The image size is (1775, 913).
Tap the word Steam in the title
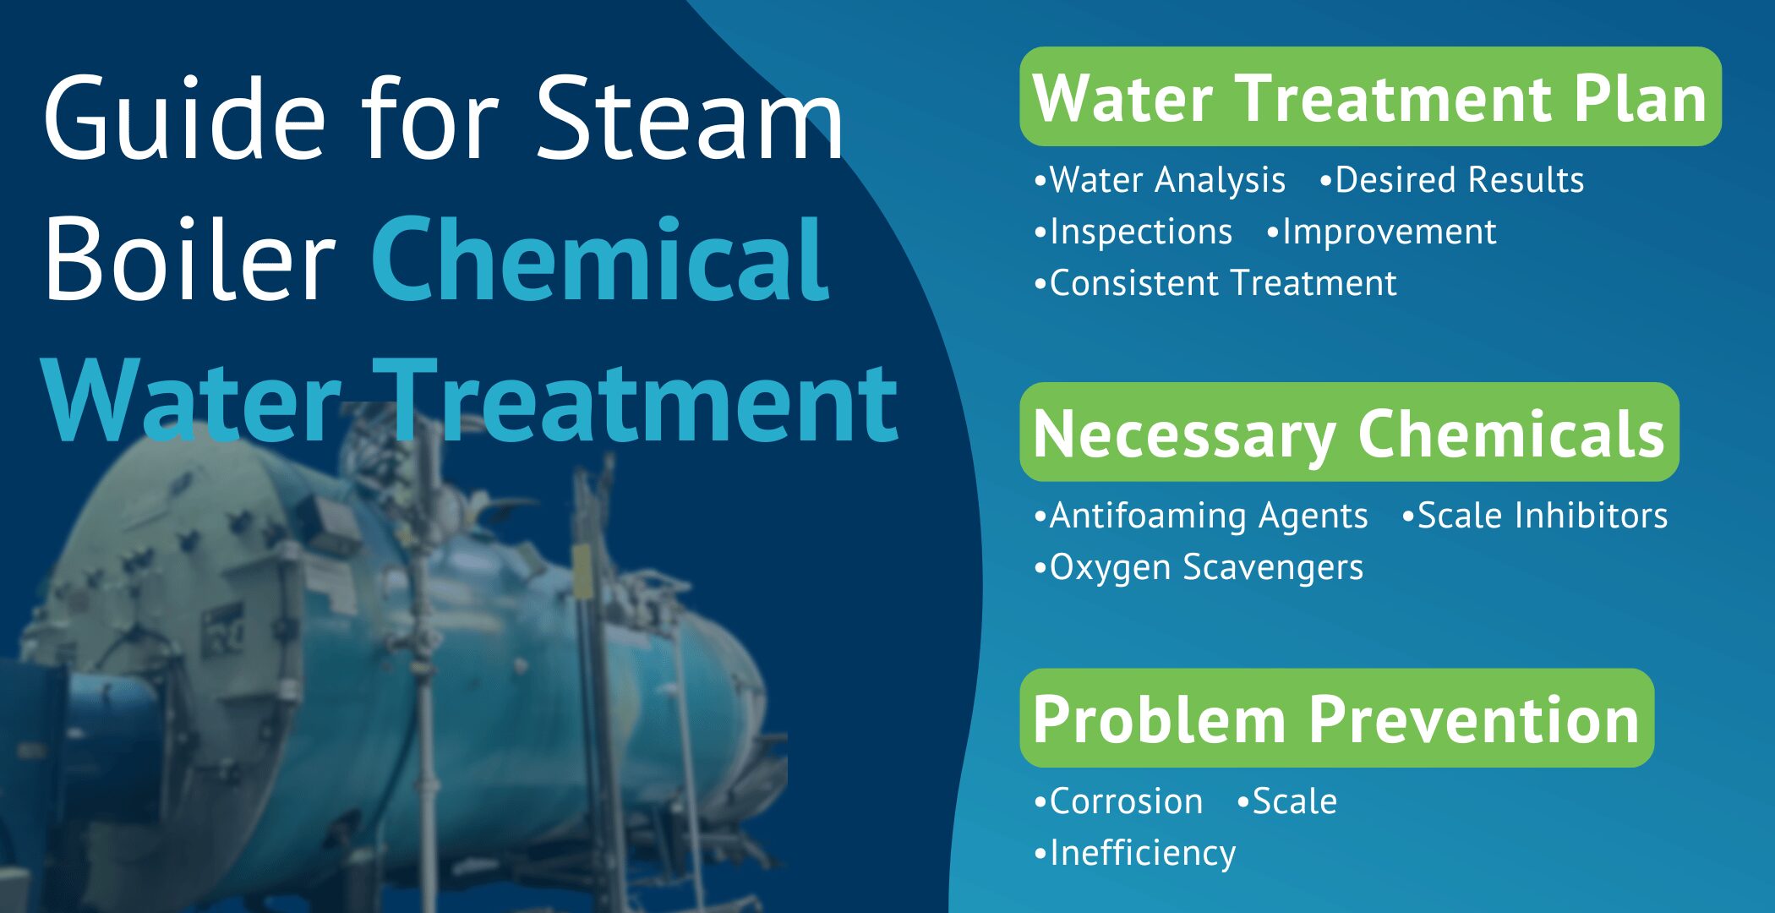(689, 118)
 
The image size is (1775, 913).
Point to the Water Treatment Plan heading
(1369, 98)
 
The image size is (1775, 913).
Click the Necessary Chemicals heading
(1349, 434)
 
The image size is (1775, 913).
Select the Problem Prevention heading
(1336, 719)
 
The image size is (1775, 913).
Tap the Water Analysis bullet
(1166, 180)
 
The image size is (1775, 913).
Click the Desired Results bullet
(1459, 180)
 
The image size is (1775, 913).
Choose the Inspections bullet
(1140, 232)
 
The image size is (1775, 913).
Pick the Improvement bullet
(1389, 232)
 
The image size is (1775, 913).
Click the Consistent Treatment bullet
(1222, 284)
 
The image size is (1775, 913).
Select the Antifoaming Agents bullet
(1208, 516)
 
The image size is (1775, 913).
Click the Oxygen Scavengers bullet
(1205, 567)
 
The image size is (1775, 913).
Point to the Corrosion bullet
(1125, 801)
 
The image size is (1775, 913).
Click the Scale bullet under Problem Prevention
(1294, 801)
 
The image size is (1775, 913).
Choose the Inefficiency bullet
(1142, 853)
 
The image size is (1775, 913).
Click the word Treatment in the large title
(634, 402)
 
